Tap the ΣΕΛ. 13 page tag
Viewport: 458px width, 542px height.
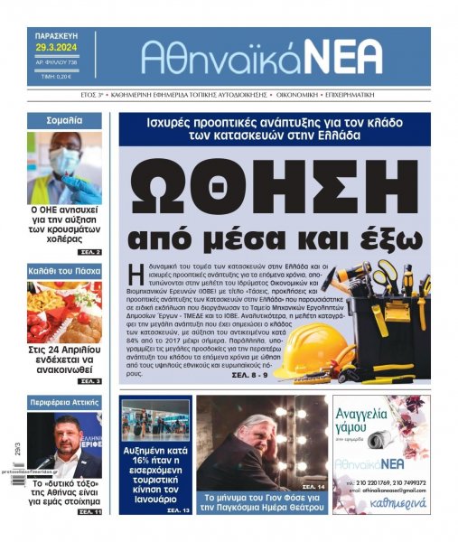click(178, 510)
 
